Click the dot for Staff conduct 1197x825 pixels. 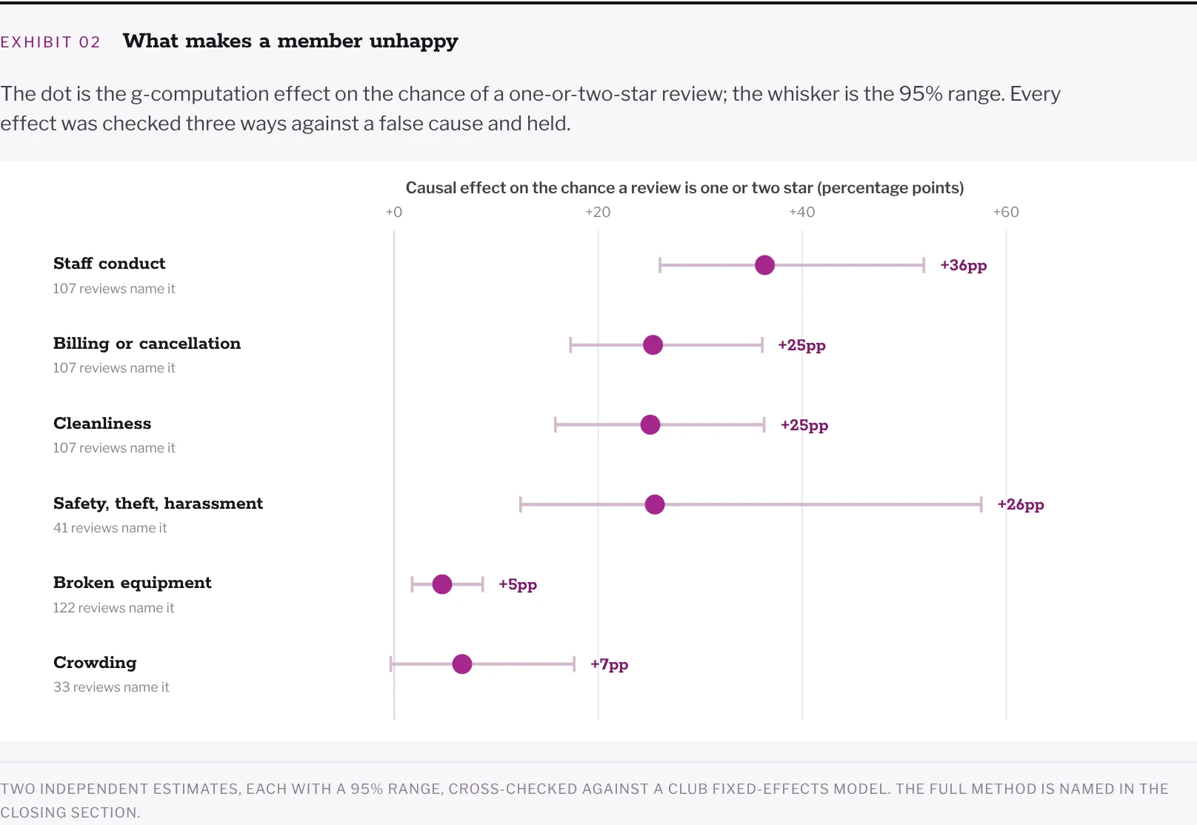[x=764, y=265]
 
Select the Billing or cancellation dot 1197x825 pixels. [x=653, y=345]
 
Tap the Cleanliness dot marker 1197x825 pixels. [x=650, y=425]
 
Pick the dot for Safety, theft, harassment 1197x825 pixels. [x=655, y=504]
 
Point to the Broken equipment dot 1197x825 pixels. [x=442, y=584]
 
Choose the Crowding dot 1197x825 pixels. [x=462, y=664]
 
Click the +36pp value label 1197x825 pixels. [x=964, y=266]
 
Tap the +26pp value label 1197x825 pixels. [x=1021, y=505]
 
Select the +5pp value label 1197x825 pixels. [x=518, y=584]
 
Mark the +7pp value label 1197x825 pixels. [x=609, y=665]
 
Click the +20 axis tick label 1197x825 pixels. [x=598, y=212]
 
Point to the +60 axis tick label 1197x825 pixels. [x=1006, y=212]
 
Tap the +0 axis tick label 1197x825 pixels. [x=394, y=212]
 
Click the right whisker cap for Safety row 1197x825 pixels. [x=981, y=504]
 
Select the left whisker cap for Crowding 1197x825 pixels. [x=391, y=664]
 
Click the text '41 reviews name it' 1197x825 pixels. [x=110, y=528]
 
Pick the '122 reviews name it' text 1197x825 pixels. [x=113, y=608]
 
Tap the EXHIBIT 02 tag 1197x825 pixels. [x=50, y=42]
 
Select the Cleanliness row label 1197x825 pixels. [x=102, y=423]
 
